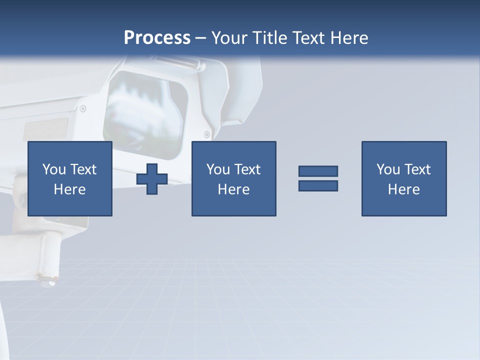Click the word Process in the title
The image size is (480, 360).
[x=157, y=38]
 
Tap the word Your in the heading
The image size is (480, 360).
[x=230, y=38]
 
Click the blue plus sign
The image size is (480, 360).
[x=152, y=179]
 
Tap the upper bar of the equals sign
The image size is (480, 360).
[x=318, y=171]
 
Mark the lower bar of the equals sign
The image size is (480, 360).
[x=318, y=186]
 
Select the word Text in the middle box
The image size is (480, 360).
[x=247, y=169]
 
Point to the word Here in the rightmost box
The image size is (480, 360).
[x=403, y=189]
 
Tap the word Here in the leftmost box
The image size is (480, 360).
[x=69, y=189]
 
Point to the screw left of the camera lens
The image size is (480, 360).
[x=82, y=108]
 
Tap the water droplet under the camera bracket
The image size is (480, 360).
[x=51, y=283]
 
